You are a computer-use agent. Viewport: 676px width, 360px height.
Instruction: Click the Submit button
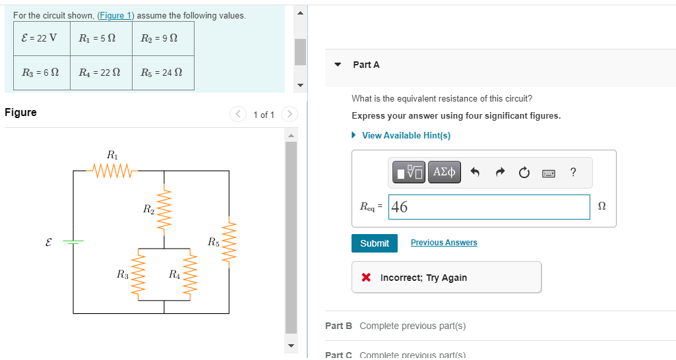coord(375,243)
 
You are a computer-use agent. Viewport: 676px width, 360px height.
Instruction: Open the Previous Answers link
coord(444,243)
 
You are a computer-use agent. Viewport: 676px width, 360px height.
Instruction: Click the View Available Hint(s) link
coord(406,135)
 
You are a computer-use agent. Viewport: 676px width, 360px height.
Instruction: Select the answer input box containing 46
coord(489,207)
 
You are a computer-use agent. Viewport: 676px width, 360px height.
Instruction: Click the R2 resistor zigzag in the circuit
coord(164,210)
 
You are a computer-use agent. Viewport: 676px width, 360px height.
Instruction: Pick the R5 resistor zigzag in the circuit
coord(229,242)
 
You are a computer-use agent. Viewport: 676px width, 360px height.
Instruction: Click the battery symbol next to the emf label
coord(73,242)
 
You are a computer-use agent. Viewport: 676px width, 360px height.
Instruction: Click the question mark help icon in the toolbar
coord(573,173)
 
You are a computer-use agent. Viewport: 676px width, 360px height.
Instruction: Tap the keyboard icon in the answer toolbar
coord(549,173)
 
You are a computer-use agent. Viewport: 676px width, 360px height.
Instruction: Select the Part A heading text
coord(366,65)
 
